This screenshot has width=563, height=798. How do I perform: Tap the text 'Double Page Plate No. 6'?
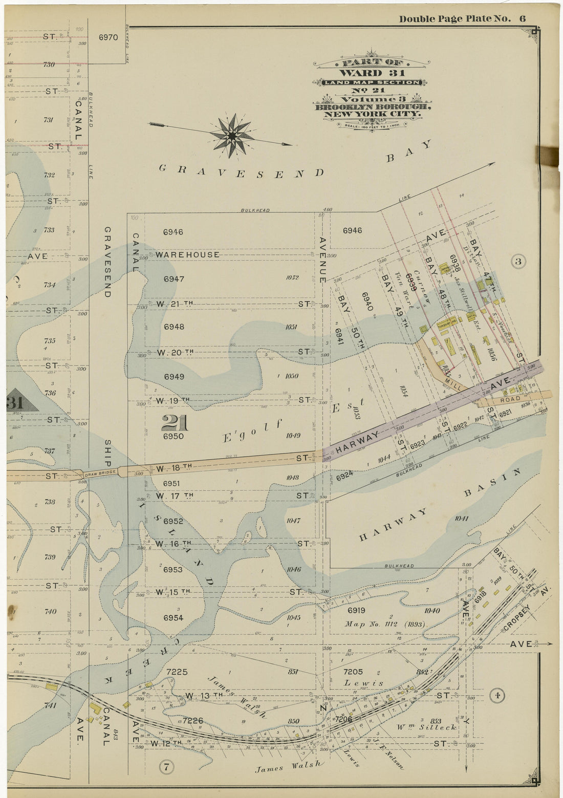point(462,19)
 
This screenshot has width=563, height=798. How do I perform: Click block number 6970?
point(108,37)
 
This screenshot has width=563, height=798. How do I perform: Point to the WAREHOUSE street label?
point(188,254)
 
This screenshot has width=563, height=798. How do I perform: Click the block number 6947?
point(174,279)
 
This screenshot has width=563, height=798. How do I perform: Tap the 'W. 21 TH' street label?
point(175,304)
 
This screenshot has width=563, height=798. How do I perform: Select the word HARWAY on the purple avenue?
point(358,443)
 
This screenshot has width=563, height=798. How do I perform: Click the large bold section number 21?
point(175,424)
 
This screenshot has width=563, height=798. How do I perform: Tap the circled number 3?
point(518,262)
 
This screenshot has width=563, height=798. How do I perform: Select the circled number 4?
point(496,695)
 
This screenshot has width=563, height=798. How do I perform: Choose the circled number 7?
point(166,766)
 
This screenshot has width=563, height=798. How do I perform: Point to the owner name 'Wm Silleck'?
point(419,726)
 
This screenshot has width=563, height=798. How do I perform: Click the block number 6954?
point(173,618)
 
